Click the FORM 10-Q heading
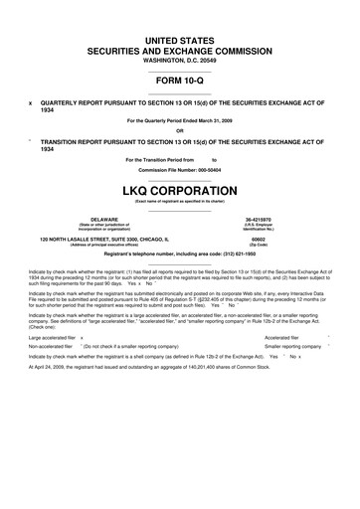179,81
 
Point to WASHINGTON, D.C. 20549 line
179,59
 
